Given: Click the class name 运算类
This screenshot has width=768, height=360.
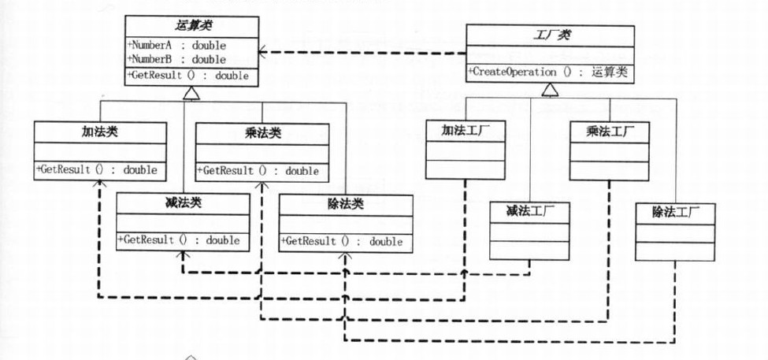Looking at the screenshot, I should [x=191, y=27].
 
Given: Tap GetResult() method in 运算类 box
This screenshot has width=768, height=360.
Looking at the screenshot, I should [x=188, y=76].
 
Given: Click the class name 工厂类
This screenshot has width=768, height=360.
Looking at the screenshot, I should [x=549, y=35].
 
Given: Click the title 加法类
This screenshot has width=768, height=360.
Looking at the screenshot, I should [x=100, y=131].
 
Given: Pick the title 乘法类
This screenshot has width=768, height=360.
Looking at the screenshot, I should [x=261, y=132].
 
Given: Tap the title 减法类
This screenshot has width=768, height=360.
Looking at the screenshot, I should [x=183, y=202].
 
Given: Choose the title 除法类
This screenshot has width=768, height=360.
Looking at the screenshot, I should [x=344, y=204].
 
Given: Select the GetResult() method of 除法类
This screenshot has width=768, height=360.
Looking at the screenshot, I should [x=342, y=241].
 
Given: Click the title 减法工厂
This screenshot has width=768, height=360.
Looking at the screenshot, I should [x=529, y=211].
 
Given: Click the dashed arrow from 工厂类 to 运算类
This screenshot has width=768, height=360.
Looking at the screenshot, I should [x=362, y=54].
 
